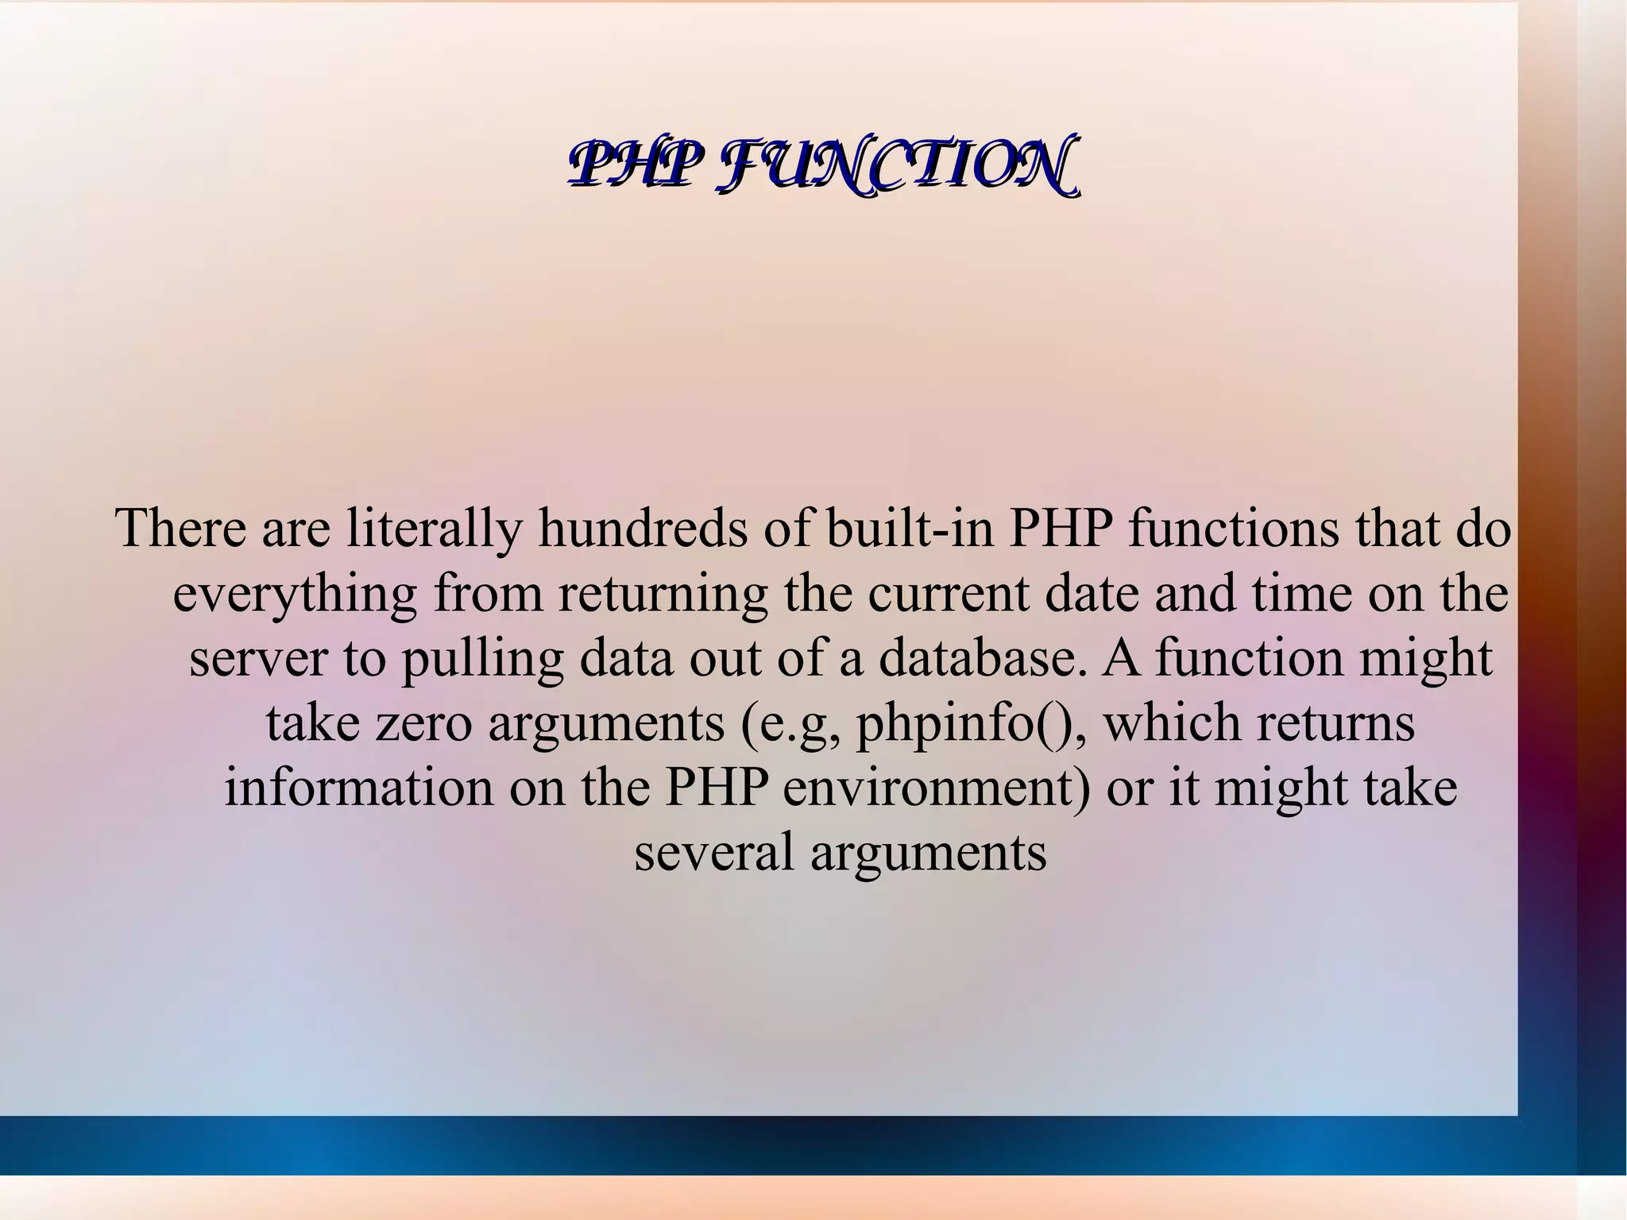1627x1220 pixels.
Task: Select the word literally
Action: pyautogui.click(x=434, y=529)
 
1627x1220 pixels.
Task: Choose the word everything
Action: pyautogui.click(x=295, y=595)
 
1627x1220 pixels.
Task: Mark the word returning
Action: pyautogui.click(x=663, y=595)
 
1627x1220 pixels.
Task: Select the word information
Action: pyautogui.click(x=358, y=788)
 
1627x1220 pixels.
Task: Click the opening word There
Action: pyautogui.click(x=181, y=529)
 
